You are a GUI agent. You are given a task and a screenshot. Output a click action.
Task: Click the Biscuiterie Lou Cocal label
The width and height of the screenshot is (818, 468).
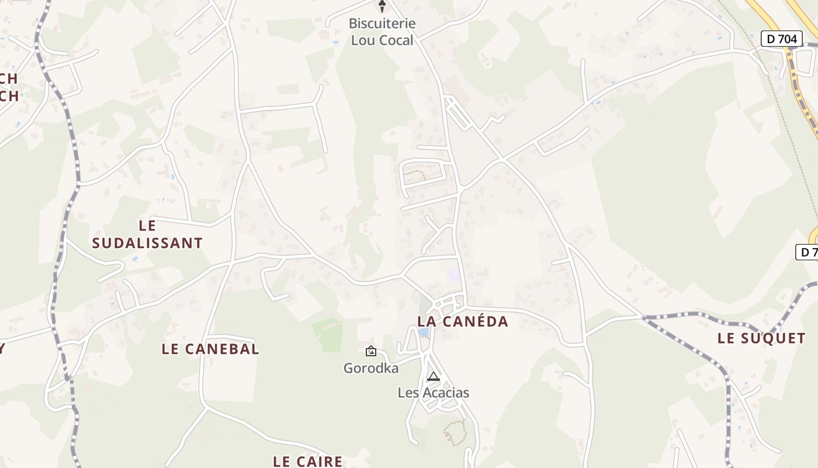tap(382, 32)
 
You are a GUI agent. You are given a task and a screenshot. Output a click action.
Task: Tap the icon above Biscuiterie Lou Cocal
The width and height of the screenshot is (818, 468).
tap(382, 6)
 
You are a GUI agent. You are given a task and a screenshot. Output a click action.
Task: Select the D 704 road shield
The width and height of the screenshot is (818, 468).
tap(781, 39)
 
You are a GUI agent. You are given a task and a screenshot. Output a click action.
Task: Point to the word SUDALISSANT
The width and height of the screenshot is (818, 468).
tap(147, 243)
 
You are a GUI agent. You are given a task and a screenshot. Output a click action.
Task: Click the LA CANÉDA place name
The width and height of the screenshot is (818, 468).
tap(463, 321)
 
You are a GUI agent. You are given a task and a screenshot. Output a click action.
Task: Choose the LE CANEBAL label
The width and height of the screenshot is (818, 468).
tap(210, 349)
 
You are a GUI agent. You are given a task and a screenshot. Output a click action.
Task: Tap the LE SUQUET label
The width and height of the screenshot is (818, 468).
tap(761, 338)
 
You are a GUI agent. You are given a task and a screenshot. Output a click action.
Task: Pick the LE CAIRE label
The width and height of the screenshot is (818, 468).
tap(308, 461)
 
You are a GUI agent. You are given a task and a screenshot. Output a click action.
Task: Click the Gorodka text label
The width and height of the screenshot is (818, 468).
tap(371, 368)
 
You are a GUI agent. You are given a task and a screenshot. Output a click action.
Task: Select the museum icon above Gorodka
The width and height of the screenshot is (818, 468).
tap(370, 351)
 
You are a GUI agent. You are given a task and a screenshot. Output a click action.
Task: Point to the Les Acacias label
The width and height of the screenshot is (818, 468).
tap(433, 393)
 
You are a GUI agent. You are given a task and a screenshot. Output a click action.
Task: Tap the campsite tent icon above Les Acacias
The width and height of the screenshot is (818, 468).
tap(433, 376)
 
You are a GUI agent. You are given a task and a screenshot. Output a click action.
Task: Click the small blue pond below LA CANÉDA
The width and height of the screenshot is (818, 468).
tap(424, 332)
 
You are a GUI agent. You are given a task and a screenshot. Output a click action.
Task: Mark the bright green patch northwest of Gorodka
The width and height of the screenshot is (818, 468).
tap(328, 334)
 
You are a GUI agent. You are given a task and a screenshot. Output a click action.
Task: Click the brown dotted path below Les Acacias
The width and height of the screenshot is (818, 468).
tap(454, 432)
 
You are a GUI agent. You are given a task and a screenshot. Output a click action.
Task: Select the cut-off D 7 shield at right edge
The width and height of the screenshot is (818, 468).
tap(807, 252)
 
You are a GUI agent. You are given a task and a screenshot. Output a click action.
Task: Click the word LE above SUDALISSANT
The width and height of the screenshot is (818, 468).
tap(148, 225)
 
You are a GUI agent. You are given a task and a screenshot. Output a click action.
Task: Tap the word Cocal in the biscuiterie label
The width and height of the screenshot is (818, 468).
tap(397, 40)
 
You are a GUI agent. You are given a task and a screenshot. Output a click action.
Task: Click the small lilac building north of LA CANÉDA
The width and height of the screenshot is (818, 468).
tap(455, 274)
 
